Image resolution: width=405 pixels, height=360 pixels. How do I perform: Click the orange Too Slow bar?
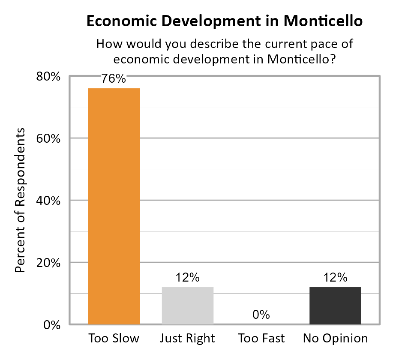114,206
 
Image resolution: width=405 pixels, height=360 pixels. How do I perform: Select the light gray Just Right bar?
187,305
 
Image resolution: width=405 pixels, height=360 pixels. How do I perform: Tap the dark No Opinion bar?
335,305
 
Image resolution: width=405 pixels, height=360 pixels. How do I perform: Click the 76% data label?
114,79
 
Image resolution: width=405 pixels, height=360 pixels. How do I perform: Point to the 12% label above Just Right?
187,278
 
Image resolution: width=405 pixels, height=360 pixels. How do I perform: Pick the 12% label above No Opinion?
335,278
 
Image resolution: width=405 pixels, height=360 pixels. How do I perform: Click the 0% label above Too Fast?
261,315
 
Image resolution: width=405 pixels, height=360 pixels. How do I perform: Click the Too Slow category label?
114,339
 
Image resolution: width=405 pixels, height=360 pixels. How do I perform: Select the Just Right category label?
187,339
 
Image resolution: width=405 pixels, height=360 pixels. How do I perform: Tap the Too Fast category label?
261,339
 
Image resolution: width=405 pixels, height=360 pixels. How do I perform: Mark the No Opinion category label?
335,339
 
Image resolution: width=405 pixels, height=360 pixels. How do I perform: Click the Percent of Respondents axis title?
20,200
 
